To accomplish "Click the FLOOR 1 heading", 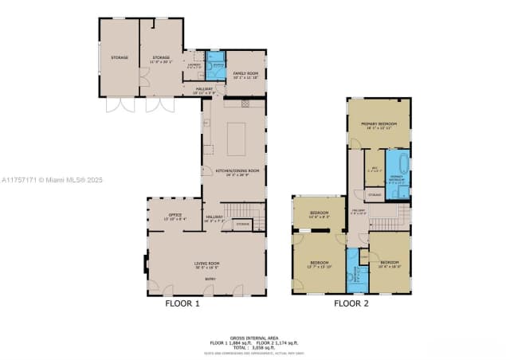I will tap(182, 303).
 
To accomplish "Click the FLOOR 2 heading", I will tap(351, 303).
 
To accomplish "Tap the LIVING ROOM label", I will tap(207, 264).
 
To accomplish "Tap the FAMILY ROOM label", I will tap(245, 73).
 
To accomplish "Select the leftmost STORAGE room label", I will tap(119, 57).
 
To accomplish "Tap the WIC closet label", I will tap(375, 169).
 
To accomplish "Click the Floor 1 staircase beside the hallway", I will tap(244, 211).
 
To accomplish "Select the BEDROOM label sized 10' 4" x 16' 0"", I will tap(389, 263).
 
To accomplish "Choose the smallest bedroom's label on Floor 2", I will tap(319, 213).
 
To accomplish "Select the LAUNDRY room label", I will tap(194, 66).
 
